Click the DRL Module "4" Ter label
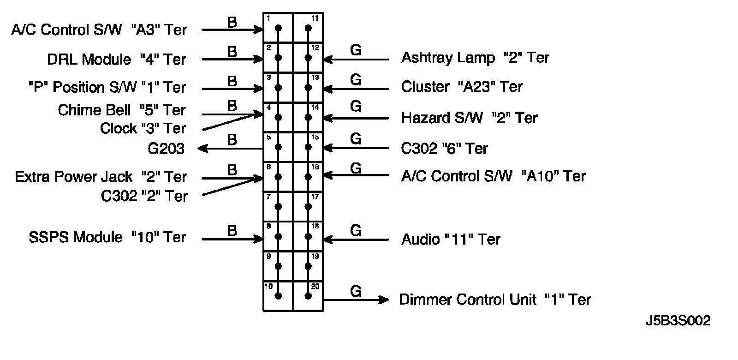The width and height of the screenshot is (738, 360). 116,60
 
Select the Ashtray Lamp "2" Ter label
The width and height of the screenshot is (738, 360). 475,58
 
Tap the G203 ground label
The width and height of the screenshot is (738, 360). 166,149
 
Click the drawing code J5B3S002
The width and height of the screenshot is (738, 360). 678,321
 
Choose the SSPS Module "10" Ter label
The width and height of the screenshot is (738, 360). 107,237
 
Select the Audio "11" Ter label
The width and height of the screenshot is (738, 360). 451,239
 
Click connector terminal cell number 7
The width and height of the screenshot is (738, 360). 278,206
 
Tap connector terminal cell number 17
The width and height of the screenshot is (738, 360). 308,206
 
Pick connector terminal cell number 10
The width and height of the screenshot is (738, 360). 278,296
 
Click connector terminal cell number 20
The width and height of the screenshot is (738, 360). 308,296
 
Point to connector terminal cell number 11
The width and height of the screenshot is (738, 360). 308,28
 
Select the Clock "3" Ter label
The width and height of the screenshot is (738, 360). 143,128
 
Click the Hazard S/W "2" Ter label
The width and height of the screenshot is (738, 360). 469,118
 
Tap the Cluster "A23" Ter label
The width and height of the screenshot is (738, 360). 462,87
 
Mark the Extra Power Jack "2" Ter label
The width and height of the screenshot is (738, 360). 101,177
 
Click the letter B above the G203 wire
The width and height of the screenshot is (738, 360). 232,139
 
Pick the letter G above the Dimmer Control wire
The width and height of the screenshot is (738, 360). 356,291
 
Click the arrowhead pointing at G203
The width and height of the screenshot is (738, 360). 202,149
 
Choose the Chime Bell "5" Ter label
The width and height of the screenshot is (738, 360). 122,110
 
